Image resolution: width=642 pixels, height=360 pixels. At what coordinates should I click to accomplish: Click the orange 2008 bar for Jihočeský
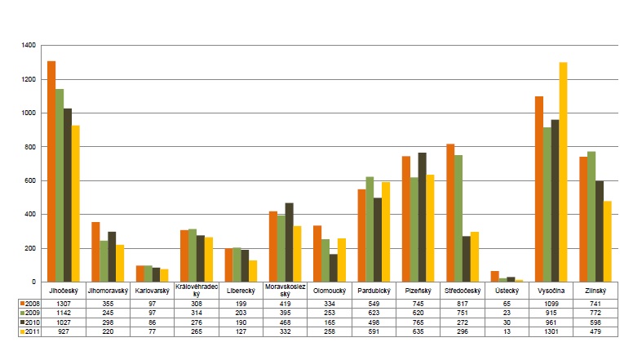[51, 171]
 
